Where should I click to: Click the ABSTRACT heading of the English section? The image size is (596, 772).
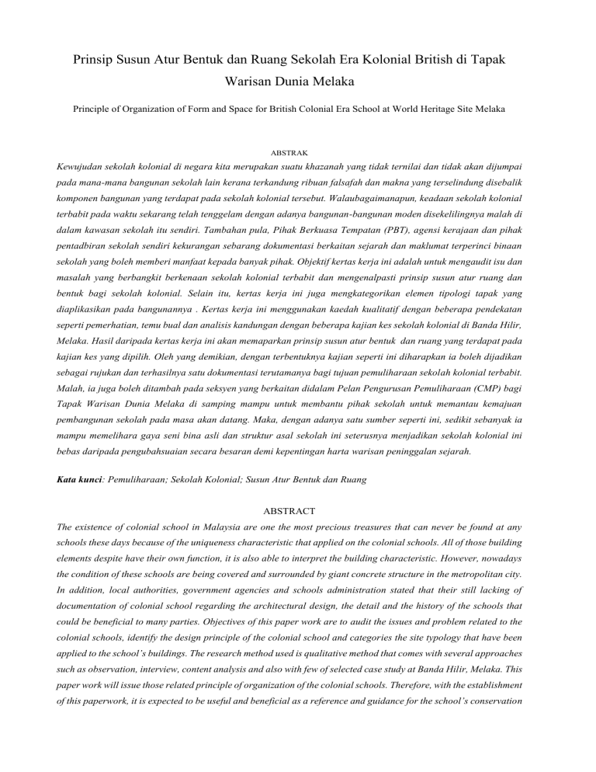pos(298,510)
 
